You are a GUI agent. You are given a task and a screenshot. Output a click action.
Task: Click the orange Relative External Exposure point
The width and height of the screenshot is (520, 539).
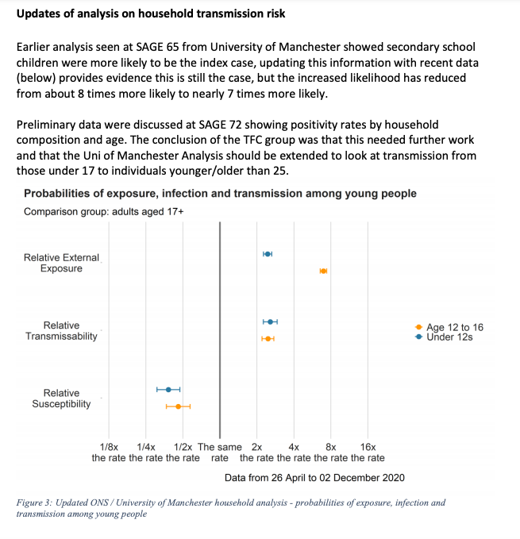point(323,271)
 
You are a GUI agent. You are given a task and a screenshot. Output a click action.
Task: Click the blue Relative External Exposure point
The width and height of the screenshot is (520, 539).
point(268,254)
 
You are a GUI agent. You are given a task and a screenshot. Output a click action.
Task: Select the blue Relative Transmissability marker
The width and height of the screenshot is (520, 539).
point(271,321)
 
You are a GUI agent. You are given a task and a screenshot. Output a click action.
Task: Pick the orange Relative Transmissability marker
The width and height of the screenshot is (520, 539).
point(268,339)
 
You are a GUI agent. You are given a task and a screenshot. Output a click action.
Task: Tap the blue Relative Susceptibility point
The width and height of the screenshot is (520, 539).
point(168,389)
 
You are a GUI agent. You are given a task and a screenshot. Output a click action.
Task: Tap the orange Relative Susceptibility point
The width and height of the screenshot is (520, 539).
point(178,406)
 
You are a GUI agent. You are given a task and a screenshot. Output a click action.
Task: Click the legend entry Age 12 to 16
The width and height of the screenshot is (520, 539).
point(454,327)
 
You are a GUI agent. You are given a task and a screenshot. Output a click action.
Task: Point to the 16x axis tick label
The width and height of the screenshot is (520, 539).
point(368,448)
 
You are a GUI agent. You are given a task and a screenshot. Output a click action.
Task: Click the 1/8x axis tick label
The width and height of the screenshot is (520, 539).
point(110,448)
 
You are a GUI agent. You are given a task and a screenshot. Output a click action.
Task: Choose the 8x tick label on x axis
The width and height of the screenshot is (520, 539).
point(332,448)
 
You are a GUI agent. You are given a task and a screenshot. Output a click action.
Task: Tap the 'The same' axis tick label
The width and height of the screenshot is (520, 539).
point(219,448)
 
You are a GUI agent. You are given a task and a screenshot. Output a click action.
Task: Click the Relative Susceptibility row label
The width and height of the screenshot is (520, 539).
point(61,398)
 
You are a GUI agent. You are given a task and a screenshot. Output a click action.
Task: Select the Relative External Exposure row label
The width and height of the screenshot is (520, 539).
point(61,263)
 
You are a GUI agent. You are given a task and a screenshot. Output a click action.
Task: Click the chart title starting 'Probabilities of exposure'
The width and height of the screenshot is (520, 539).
point(220,194)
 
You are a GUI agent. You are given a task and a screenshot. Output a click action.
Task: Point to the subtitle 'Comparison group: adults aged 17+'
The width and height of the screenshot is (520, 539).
point(103,212)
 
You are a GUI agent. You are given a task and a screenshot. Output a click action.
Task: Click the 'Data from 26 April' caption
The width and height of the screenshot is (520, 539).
point(314,477)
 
